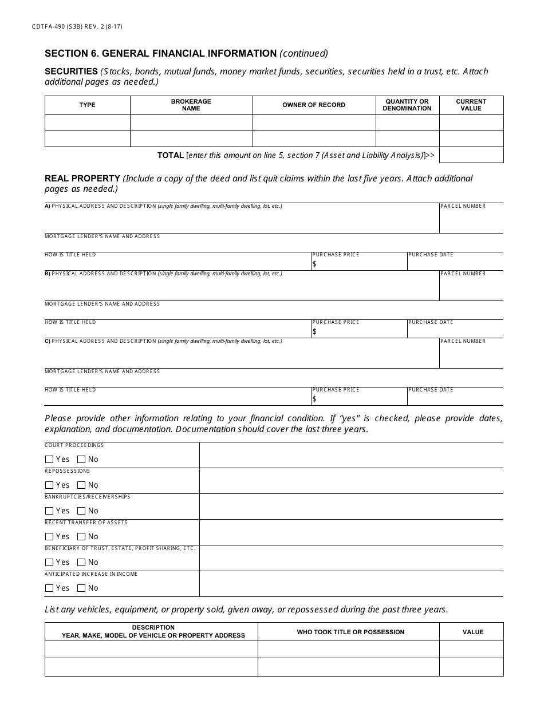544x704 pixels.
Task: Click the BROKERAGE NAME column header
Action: click(x=191, y=105)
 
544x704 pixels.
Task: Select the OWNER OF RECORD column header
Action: click(x=314, y=105)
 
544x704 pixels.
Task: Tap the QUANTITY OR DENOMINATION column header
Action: click(x=407, y=105)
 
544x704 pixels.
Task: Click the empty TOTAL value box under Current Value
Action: click(x=471, y=155)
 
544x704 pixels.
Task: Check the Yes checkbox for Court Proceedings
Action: click(x=49, y=459)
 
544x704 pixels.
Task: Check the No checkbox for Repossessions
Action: click(x=81, y=485)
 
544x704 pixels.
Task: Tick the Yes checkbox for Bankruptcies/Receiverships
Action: click(x=49, y=511)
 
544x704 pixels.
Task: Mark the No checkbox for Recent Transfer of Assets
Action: click(x=81, y=536)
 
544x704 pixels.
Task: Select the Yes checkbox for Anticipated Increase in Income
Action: click(x=49, y=588)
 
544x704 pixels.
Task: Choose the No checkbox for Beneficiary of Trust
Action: click(x=81, y=562)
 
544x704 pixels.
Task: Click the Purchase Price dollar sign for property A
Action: click(x=314, y=264)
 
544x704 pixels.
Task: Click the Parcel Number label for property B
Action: click(x=463, y=274)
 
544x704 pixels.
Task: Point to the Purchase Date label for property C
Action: click(x=431, y=390)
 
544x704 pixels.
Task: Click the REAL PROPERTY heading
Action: click(x=82, y=179)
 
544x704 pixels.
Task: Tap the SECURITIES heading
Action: click(x=71, y=72)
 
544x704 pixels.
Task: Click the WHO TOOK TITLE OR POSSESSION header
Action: click(x=350, y=632)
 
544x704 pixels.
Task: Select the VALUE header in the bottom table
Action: click(x=473, y=632)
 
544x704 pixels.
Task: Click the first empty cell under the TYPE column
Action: click(x=88, y=122)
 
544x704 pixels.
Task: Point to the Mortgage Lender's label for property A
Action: click(x=102, y=236)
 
